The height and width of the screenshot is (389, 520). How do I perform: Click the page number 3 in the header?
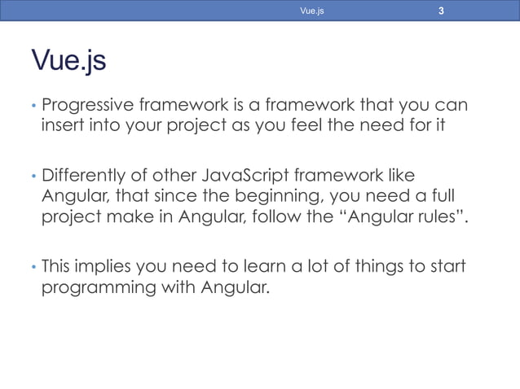click(441, 11)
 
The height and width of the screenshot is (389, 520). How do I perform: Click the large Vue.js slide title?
click(68, 60)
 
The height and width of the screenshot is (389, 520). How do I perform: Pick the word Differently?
click(85, 174)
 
